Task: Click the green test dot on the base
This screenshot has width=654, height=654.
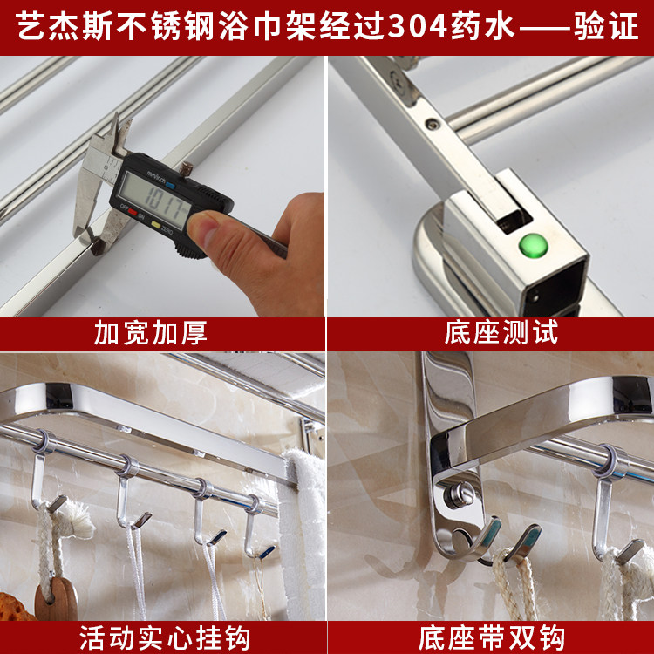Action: pos(533,245)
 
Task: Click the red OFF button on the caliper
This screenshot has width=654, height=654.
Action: pos(133,212)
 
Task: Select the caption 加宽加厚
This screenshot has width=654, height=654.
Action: pos(151,333)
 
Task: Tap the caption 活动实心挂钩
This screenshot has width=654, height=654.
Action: pos(164,637)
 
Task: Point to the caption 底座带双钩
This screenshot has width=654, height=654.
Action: pos(491,637)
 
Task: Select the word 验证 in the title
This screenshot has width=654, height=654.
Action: pos(606,27)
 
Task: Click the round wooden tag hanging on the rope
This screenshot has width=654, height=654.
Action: pos(57,599)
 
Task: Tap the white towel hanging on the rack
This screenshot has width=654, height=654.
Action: pos(303,534)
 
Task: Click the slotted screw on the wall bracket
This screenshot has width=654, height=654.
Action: pos(458,494)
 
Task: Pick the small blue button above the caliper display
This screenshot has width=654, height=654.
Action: pos(171,186)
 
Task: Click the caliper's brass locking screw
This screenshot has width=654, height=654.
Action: pos(187,168)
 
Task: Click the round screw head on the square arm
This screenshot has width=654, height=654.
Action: pos(432,123)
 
